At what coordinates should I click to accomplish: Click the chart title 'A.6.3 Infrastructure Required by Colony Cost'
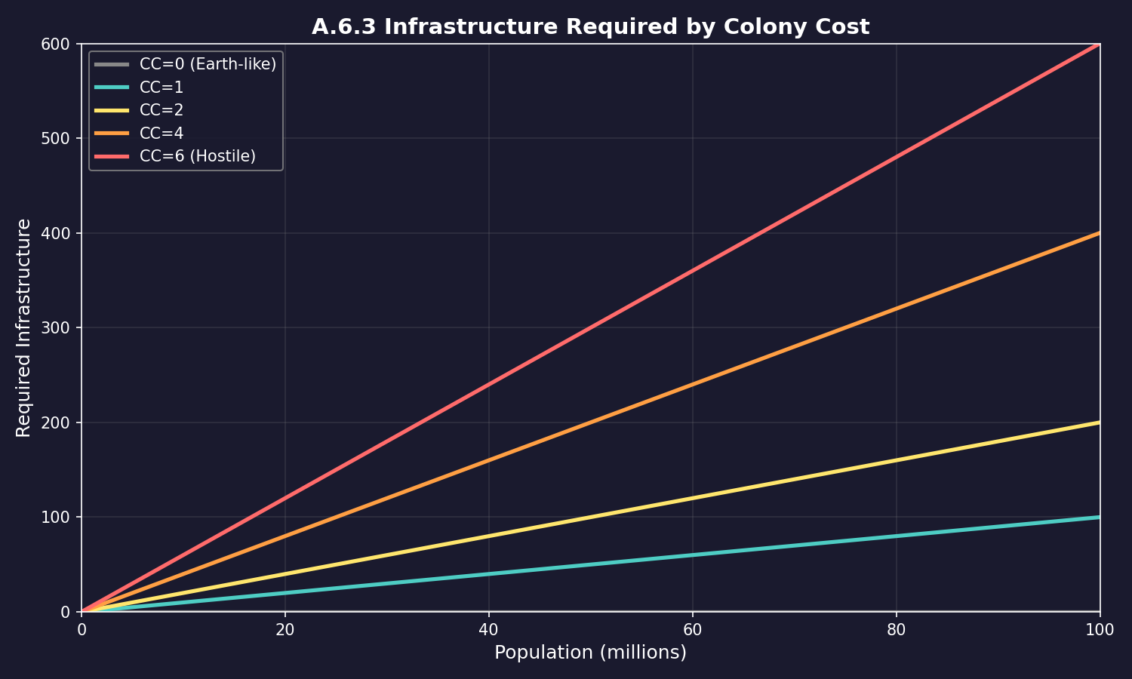coord(590,27)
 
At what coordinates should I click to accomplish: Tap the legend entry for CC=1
coord(161,88)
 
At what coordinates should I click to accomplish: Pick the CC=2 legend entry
coord(161,110)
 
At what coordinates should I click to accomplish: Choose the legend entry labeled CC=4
coord(161,134)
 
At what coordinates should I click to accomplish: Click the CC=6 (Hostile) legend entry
coord(198,156)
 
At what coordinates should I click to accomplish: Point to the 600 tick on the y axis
coord(60,45)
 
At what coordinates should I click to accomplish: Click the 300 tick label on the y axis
coord(60,328)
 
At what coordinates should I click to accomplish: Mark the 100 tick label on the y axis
coord(60,518)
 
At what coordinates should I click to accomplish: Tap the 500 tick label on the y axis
coord(60,139)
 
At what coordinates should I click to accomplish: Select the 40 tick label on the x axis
coord(488,630)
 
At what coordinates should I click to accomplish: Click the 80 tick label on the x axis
coord(896,630)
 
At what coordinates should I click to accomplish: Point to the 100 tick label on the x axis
coord(1099,630)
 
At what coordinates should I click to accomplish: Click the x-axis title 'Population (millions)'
coord(590,653)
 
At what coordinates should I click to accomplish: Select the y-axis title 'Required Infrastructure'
coord(24,327)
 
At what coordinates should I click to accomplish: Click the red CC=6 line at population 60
coord(692,271)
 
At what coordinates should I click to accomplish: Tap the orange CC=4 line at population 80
coord(896,309)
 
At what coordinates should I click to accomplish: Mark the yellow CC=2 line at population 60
coord(692,498)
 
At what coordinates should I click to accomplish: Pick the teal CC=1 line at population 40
coord(488,573)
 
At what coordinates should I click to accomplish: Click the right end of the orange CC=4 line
coord(1098,234)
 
